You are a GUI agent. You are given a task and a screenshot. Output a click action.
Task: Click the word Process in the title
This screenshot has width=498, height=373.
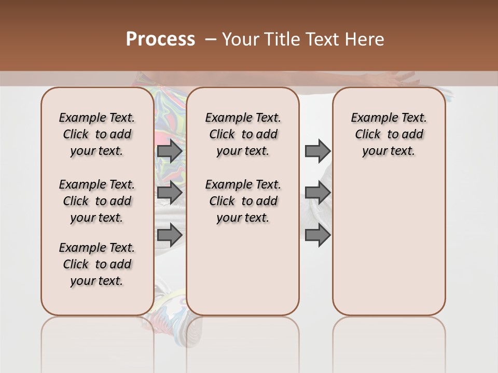pyautogui.click(x=160, y=39)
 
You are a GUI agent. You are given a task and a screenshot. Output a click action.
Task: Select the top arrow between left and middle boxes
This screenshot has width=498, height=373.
pyautogui.click(x=170, y=151)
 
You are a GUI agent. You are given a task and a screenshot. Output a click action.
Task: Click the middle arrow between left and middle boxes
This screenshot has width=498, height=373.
pyautogui.click(x=170, y=193)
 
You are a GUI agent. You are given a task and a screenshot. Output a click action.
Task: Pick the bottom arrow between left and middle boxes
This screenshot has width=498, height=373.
pyautogui.click(x=170, y=235)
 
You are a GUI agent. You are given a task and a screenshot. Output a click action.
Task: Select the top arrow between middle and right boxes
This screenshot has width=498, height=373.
pyautogui.click(x=317, y=151)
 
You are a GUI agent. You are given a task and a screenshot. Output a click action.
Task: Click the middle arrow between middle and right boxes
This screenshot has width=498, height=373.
pyautogui.click(x=317, y=193)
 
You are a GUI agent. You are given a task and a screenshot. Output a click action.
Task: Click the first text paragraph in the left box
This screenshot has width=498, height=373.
pyautogui.click(x=96, y=134)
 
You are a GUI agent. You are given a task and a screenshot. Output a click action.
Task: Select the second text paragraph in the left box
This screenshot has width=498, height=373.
pyautogui.click(x=96, y=201)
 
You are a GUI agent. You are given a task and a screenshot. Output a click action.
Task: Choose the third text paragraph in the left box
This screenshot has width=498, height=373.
pyautogui.click(x=96, y=264)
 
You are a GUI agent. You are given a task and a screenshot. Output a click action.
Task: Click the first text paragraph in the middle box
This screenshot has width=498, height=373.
pyautogui.click(x=243, y=134)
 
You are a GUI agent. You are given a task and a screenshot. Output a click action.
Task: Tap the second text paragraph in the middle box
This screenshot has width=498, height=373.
pyautogui.click(x=243, y=201)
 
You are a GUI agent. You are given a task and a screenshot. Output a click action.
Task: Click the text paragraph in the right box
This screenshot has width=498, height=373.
pyautogui.click(x=389, y=134)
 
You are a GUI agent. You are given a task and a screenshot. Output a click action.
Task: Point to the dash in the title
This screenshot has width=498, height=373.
pyautogui.click(x=211, y=39)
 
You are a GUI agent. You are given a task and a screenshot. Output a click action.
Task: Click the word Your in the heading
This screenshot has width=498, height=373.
pyautogui.click(x=241, y=39)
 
